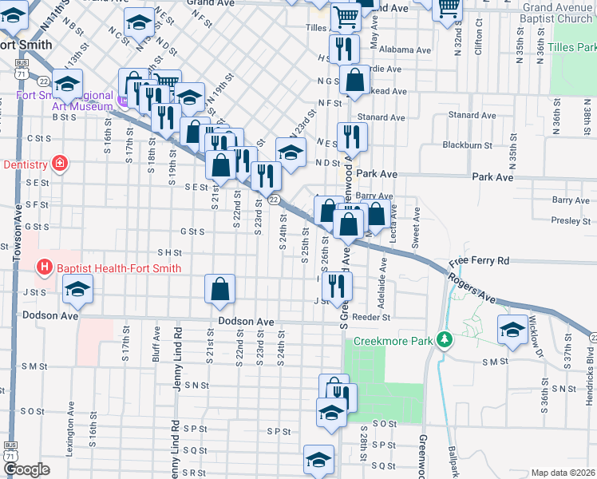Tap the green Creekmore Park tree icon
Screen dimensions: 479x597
tap(445, 341)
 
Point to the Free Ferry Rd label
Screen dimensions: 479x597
tap(479, 261)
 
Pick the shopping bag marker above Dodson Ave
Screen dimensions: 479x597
tap(219, 291)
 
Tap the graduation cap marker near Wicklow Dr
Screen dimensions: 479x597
tap(512, 330)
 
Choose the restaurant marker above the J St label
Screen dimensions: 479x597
tap(340, 285)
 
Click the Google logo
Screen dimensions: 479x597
tap(26, 469)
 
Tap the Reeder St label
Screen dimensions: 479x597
tap(371, 317)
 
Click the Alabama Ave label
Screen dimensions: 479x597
tap(405, 49)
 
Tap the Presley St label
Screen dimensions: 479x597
tap(571, 220)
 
